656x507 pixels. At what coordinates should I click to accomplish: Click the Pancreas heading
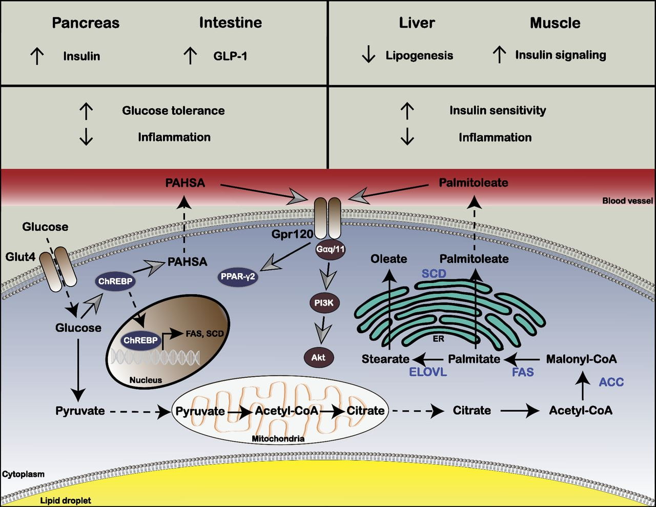86,23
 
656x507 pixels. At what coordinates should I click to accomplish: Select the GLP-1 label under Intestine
230,56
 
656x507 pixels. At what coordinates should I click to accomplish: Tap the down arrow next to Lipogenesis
368,55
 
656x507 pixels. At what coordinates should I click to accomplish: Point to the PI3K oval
324,303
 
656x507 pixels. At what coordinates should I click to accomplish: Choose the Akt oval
318,357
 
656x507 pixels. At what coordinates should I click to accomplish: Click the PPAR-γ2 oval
237,277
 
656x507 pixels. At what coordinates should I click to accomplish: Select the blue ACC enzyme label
611,382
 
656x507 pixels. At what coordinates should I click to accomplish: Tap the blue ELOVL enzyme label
428,372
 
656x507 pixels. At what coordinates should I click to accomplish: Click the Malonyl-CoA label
581,359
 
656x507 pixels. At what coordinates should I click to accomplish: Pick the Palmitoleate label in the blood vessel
474,182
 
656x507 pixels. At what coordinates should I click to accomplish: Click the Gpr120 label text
292,234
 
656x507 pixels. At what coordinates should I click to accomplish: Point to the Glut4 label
20,256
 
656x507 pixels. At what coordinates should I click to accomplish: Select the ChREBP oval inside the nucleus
140,340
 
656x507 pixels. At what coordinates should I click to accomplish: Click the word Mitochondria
278,439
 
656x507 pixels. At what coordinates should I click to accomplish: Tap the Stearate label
385,359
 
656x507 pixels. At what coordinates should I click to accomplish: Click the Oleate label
388,259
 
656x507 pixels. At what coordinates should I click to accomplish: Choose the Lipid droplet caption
66,500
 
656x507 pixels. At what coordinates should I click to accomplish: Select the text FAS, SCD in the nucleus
204,334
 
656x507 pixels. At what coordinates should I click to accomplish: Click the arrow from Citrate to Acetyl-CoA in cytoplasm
520,411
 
